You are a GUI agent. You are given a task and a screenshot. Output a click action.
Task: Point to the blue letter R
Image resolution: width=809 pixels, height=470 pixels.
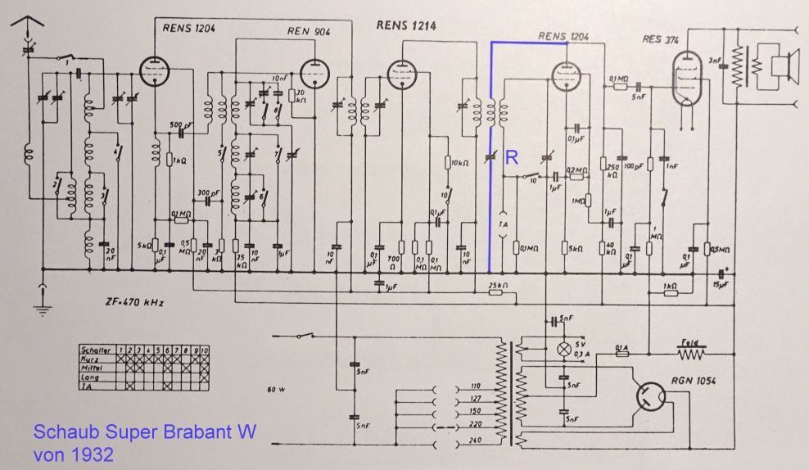(511, 158)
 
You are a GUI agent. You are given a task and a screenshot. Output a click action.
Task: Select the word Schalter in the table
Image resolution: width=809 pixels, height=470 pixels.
(95, 350)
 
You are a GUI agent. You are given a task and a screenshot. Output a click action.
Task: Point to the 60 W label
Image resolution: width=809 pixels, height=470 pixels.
(277, 388)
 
